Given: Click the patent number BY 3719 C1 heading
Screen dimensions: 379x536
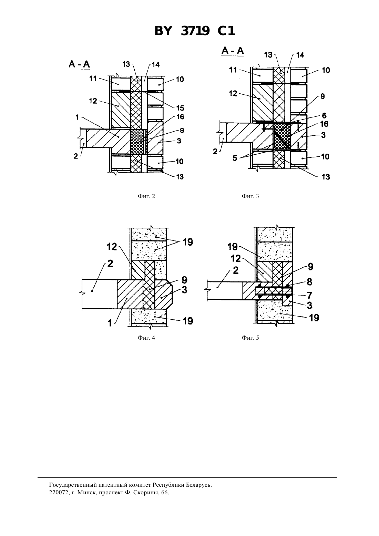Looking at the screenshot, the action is point(195,31).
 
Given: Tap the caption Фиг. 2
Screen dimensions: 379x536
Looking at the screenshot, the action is point(146,196).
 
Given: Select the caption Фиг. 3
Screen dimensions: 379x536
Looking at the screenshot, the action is point(250,196).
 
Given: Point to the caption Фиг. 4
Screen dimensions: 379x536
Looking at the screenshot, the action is point(146,338).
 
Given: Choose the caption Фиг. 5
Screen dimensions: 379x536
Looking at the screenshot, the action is point(250,338).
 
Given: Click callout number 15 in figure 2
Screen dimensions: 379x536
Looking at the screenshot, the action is point(180,108).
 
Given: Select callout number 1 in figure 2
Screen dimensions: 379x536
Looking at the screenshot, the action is point(77,117).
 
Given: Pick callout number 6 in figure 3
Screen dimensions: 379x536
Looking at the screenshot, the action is point(324,116).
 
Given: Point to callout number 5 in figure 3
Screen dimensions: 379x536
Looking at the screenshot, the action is point(235,158).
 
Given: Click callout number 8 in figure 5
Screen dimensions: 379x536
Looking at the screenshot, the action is point(309,282).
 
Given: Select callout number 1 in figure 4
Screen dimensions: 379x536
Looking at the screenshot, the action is point(110,323).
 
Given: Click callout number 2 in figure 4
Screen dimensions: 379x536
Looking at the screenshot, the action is point(110,264).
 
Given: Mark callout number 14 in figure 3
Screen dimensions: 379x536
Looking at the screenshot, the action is point(300,55).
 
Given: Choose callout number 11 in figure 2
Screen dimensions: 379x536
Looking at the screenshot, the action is point(93,79).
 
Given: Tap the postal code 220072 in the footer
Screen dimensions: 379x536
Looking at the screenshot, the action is point(57,493).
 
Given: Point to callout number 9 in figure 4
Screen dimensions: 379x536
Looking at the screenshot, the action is point(184,280).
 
